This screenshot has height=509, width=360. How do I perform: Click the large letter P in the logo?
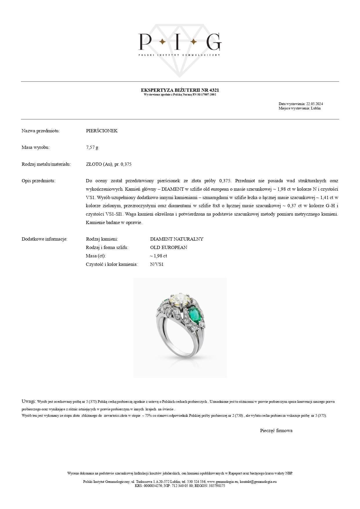pyautogui.click(x=145, y=41)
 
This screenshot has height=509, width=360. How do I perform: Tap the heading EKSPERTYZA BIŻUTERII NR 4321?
pyautogui.click(x=180, y=90)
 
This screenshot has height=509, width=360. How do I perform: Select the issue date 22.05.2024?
pyautogui.click(x=314, y=104)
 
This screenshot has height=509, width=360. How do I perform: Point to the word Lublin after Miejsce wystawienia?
pyautogui.click(x=316, y=108)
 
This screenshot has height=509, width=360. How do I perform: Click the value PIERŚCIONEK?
pyautogui.click(x=102, y=131)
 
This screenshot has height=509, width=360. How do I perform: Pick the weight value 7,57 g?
pyautogui.click(x=92, y=147)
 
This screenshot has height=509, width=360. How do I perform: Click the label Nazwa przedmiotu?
pyautogui.click(x=41, y=131)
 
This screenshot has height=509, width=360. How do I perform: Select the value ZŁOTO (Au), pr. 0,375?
pyautogui.click(x=109, y=164)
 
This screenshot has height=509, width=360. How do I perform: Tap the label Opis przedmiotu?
pyautogui.click(x=38, y=181)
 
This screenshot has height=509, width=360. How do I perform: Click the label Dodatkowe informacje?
pyautogui.click(x=44, y=239)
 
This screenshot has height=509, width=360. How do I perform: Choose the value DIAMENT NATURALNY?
pyautogui.click(x=177, y=239)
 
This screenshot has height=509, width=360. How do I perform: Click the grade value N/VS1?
pyautogui.click(x=157, y=264)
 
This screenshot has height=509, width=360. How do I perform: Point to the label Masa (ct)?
pyautogui.click(x=96, y=256)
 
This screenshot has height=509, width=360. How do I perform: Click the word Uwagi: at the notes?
pyautogui.click(x=29, y=401)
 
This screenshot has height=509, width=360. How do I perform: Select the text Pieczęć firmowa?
pyautogui.click(x=276, y=431)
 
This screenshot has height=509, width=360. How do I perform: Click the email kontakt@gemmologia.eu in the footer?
pyautogui.click(x=258, y=481)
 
